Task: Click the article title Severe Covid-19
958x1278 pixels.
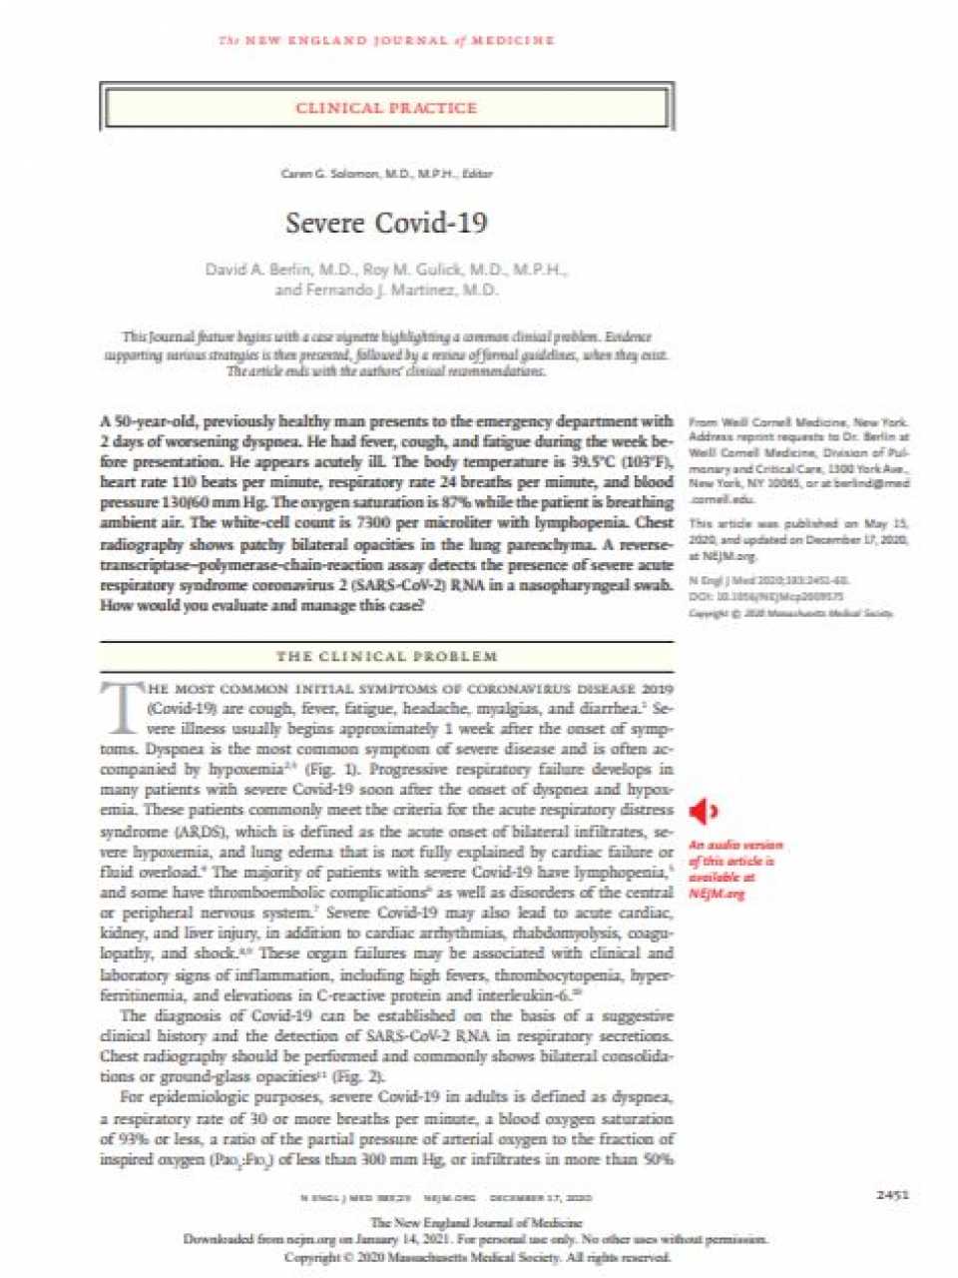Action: (386, 223)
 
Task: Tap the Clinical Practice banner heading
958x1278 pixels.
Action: (386, 108)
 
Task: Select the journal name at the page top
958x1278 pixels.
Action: (386, 41)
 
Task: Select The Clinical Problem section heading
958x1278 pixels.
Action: (386, 656)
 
